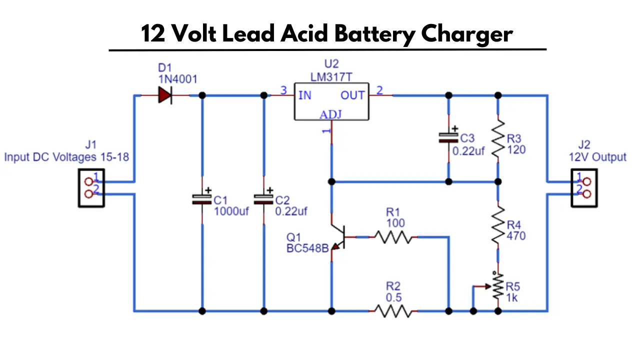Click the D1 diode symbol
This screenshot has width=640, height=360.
(165, 95)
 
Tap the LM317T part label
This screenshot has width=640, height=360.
(331, 77)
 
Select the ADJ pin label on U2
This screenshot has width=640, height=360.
(330, 114)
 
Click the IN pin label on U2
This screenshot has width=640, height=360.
(305, 95)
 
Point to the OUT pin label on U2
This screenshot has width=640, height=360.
(352, 95)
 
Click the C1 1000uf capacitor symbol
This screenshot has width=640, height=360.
(202, 199)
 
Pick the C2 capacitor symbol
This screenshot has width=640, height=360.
(263, 199)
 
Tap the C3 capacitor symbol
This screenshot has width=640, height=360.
(448, 137)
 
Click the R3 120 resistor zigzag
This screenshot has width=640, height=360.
(498, 138)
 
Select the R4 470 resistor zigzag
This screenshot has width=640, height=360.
(498, 225)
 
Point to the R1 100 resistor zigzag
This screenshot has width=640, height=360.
(393, 237)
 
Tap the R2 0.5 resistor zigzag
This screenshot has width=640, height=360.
(393, 311)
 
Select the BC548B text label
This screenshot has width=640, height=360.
(307, 248)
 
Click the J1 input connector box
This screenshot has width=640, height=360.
(91, 188)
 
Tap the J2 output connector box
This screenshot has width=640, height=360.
(584, 188)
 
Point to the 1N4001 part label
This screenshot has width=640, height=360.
(177, 79)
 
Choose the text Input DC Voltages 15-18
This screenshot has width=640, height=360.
(66, 157)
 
